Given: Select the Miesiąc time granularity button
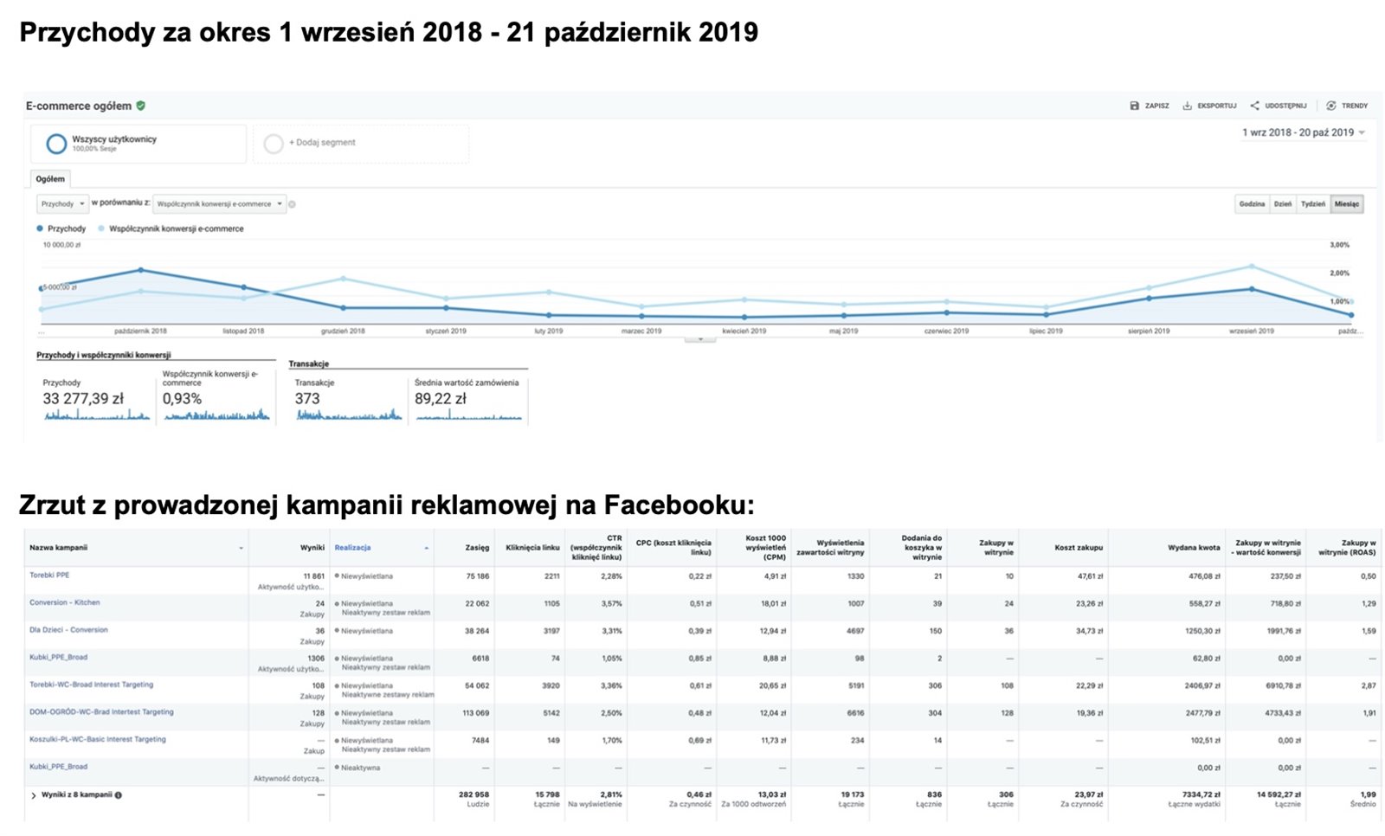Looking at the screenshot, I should [1346, 204].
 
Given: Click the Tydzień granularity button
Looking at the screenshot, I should [1312, 204].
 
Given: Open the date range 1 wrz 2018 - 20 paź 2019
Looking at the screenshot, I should [1303, 132].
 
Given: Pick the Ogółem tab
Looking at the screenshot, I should [50, 179].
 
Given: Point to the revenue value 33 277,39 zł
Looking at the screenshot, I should [83, 399].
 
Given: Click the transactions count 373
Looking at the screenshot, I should [307, 399].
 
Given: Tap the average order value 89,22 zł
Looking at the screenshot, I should [440, 399].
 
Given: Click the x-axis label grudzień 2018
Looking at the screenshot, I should [343, 331].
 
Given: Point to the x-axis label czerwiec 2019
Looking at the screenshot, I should [946, 331].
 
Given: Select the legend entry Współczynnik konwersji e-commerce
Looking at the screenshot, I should [176, 229].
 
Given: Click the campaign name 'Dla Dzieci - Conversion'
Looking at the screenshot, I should [68, 630].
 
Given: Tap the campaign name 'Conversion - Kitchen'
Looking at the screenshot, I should [64, 602].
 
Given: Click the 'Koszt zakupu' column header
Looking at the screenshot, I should [1079, 548].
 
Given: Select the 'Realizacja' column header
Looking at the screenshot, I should [352, 548].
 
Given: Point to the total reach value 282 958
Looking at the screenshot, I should [473, 794].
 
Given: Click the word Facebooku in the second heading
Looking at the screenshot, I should [678, 505].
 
